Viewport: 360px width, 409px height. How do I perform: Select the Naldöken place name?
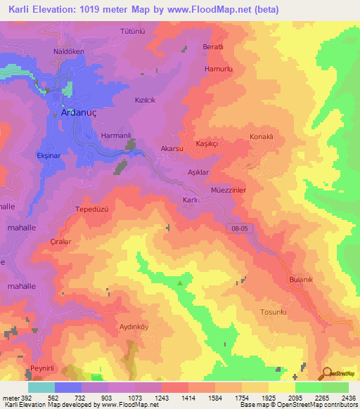coord(68,51)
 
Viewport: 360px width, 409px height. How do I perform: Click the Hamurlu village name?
coord(217,70)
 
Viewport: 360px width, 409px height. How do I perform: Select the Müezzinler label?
coord(228,190)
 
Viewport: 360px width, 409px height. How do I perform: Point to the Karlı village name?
coord(190,200)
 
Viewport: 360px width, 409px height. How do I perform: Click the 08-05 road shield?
coord(239,228)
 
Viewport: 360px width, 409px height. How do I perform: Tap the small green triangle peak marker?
coord(181,283)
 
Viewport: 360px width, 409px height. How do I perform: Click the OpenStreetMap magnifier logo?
coord(326,373)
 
